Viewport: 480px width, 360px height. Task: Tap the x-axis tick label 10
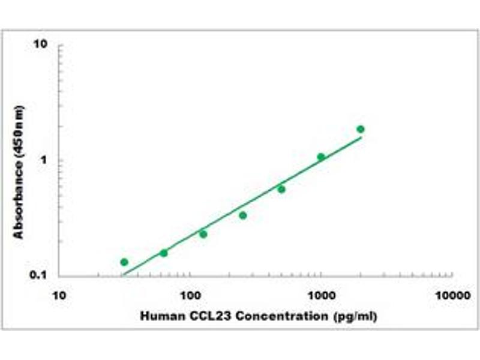[x=59, y=296]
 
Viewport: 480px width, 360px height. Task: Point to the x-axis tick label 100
[x=190, y=296]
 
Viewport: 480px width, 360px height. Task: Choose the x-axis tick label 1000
[x=321, y=296]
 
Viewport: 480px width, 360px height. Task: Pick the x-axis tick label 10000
[x=452, y=296]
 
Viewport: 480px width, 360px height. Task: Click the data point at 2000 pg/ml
[x=361, y=129]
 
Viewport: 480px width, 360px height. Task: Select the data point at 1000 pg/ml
[x=321, y=157]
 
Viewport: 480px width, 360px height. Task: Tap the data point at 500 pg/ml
[x=281, y=189]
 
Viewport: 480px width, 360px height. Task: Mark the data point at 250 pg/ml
[x=243, y=215]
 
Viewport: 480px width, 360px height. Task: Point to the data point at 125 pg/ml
[x=203, y=234]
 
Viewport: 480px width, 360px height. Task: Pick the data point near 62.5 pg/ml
[x=164, y=253]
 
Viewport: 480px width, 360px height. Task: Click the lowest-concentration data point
[x=124, y=262]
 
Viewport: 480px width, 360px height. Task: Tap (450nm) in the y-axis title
[x=19, y=131]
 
